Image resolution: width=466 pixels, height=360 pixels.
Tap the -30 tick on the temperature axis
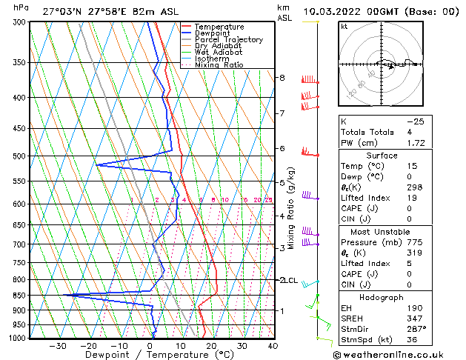(58, 346)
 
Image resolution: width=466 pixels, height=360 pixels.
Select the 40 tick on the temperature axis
(273, 346)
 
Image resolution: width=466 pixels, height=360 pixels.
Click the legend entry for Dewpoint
(211, 33)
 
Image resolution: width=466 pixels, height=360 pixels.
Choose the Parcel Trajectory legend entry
(228, 40)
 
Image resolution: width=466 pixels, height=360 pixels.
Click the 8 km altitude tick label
(282, 78)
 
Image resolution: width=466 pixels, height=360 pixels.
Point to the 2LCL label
(287, 280)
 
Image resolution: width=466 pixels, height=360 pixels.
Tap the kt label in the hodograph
(344, 27)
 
